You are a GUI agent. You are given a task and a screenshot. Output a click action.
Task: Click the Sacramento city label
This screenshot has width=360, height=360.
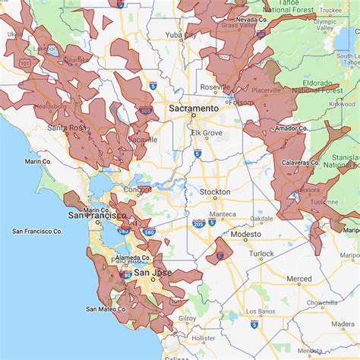click(193, 109)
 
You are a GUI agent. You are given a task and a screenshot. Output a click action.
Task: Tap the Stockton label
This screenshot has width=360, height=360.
click(214, 192)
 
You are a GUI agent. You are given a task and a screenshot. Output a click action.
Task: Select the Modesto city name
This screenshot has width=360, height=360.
click(245, 235)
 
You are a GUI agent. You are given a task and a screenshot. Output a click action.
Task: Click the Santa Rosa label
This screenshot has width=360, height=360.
click(66, 128)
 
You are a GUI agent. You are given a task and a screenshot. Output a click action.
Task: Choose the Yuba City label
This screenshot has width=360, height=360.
click(180, 35)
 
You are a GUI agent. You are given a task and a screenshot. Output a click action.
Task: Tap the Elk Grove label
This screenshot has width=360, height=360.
click(206, 132)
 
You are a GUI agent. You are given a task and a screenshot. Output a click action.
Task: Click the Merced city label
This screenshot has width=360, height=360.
click(298, 279)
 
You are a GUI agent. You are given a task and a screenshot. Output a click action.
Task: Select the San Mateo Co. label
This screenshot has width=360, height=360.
click(106, 309)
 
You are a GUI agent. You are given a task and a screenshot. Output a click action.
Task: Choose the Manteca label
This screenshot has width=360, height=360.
click(223, 214)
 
